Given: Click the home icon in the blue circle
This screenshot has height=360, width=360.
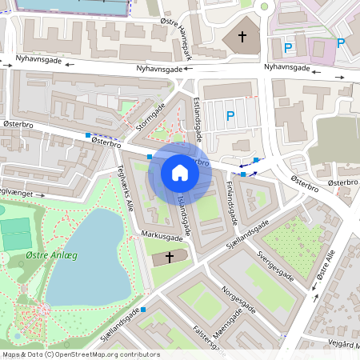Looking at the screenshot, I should (x=180, y=173).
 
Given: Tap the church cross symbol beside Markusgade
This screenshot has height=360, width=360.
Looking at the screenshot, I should (x=169, y=258).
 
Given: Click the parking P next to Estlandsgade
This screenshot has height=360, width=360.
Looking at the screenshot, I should (x=230, y=117).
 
